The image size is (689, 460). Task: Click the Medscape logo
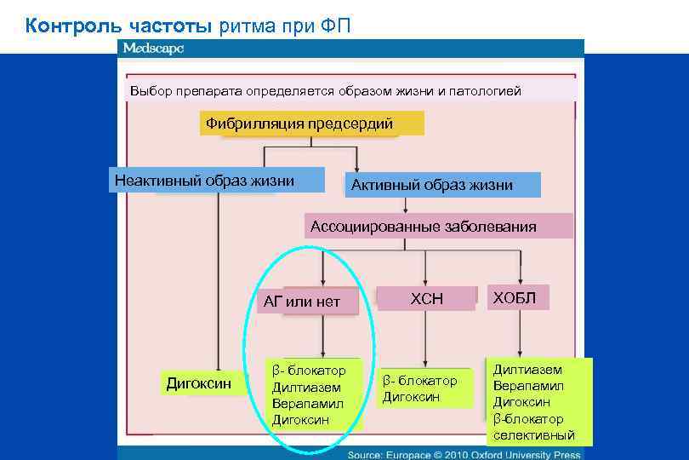tap(153, 49)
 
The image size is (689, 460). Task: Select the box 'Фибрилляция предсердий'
tap(299, 124)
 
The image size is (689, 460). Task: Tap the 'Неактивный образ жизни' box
tap(204, 181)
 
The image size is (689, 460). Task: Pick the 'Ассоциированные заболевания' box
tap(424, 227)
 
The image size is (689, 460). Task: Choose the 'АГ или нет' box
tap(302, 301)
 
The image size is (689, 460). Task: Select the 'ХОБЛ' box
tap(515, 296)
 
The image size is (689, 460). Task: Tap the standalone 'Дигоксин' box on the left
tap(198, 383)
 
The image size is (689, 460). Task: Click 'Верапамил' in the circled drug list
tap(307, 403)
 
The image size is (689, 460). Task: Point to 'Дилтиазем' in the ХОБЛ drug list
tap(527, 370)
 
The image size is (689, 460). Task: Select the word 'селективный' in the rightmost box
tap(534, 435)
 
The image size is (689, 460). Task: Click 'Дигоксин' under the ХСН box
tap(411, 397)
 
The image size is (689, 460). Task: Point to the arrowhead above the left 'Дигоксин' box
tap(219, 362)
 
